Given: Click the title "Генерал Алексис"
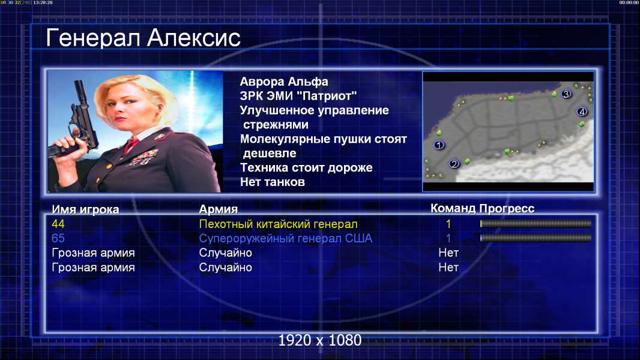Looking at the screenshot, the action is [x=143, y=38].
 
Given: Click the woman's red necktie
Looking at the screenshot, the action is [x=131, y=145].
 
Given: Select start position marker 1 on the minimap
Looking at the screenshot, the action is [x=439, y=145].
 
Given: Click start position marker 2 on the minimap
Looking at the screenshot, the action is [x=454, y=164].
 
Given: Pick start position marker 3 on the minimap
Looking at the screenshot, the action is [x=566, y=94].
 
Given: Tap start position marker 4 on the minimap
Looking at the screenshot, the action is [x=582, y=112].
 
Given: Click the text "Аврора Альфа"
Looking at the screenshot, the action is [x=283, y=82].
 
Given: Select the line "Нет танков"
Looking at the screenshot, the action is [x=272, y=182].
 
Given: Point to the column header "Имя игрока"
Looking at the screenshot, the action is [x=85, y=209].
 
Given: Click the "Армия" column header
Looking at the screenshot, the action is [x=218, y=209].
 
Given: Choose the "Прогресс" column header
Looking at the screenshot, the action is [x=507, y=209].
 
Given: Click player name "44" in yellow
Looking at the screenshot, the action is [x=58, y=224].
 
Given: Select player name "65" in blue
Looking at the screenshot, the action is [x=58, y=238].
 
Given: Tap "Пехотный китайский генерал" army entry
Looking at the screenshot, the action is [x=279, y=224].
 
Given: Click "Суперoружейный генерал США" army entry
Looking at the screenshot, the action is [x=286, y=239].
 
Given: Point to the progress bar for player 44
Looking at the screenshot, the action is [x=536, y=223].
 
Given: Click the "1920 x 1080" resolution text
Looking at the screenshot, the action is [x=319, y=340].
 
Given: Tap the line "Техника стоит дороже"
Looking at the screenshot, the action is [x=306, y=167].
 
